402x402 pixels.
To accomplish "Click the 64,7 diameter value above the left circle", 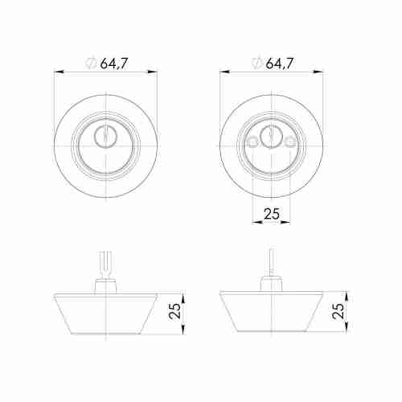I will point(115,63).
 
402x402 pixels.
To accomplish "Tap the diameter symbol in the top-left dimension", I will point(90,64).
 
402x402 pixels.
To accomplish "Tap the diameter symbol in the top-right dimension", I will point(256,64).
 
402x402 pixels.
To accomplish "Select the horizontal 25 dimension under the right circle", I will point(272,215).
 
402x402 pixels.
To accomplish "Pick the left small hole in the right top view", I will point(253,142).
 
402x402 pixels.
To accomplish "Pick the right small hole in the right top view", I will point(289,142).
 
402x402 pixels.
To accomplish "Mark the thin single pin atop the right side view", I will point(271,264).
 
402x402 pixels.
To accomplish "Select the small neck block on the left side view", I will point(105,285).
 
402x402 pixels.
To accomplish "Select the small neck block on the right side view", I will point(271,285).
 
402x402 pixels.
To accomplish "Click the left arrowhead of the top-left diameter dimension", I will point(58,72).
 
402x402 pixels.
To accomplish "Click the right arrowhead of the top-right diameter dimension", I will point(320,72).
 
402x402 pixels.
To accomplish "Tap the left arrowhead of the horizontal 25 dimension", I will point(256,224).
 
